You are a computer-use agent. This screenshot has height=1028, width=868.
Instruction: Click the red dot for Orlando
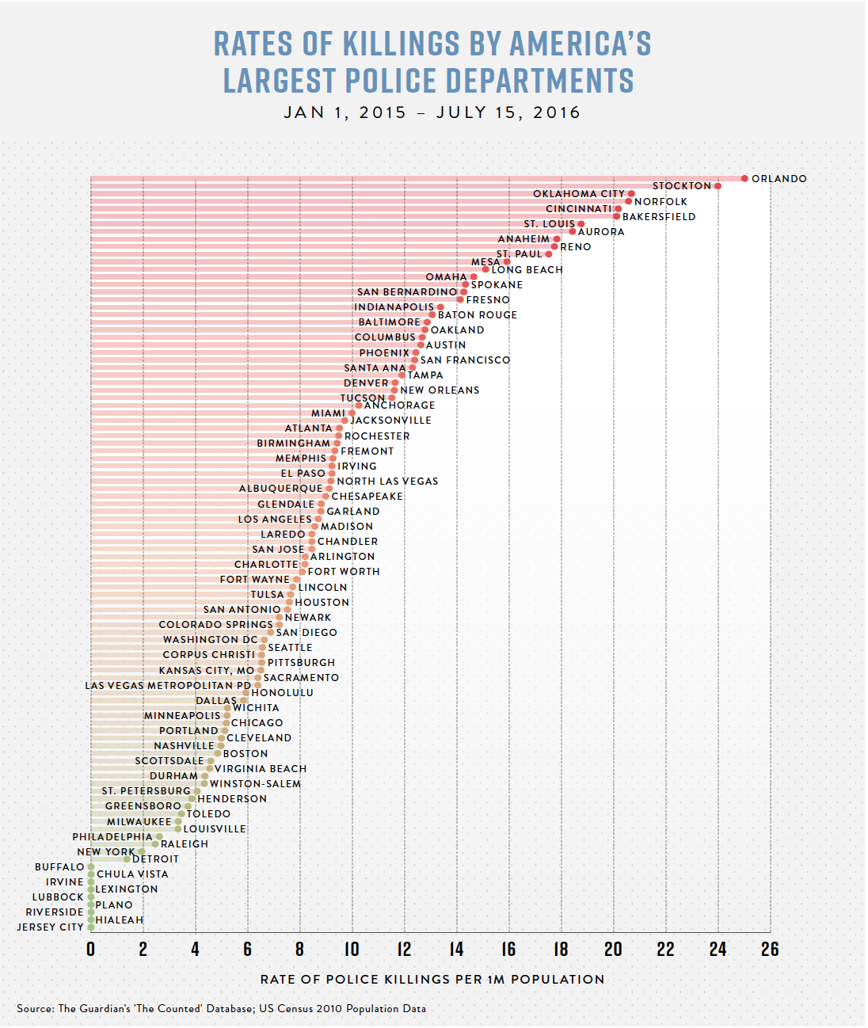click(x=744, y=178)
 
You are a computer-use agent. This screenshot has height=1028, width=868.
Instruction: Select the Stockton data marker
click(x=718, y=186)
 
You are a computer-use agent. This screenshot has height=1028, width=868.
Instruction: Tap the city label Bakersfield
click(x=659, y=217)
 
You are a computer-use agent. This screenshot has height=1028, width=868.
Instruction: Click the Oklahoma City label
click(x=579, y=194)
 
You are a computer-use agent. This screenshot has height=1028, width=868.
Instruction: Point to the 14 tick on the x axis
click(x=457, y=949)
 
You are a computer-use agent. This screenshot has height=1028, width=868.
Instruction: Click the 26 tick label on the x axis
click(x=770, y=949)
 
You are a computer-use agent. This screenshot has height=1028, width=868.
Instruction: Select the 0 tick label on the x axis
click(x=91, y=949)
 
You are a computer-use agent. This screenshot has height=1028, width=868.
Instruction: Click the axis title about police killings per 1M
click(x=432, y=980)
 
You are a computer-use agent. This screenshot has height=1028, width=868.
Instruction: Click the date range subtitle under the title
click(x=432, y=112)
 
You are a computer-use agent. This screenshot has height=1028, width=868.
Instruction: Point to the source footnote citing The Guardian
click(x=222, y=1009)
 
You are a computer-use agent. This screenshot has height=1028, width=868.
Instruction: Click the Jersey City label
click(x=51, y=927)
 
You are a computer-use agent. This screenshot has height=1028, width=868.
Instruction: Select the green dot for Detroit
click(x=127, y=859)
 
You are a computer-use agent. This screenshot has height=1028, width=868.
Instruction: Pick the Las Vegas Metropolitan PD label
click(x=168, y=686)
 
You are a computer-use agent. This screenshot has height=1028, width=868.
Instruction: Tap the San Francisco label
click(x=466, y=360)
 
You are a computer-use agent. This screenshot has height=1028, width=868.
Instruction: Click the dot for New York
click(x=142, y=852)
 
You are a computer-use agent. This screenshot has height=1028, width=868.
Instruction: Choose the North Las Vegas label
click(x=387, y=482)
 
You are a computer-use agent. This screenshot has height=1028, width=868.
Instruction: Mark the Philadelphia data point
click(x=159, y=836)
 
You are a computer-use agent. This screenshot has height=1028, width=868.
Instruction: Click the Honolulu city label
click(x=282, y=693)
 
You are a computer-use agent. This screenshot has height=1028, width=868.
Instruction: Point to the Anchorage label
click(x=399, y=405)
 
